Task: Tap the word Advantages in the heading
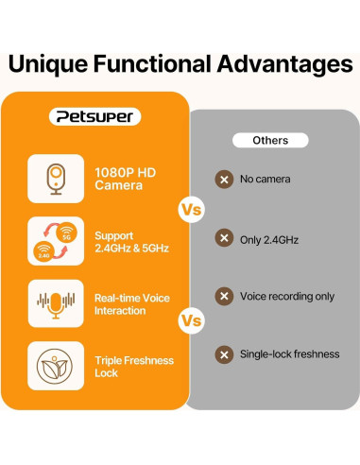click(x=277, y=64)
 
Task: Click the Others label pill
click(x=270, y=140)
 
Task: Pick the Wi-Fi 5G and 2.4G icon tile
click(x=54, y=241)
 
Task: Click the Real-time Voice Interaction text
click(x=131, y=303)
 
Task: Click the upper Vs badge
click(x=191, y=209)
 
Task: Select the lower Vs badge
click(x=191, y=321)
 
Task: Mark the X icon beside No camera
click(x=224, y=179)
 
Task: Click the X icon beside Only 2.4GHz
click(x=224, y=240)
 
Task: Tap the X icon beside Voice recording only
click(x=224, y=296)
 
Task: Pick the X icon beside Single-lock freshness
click(x=224, y=354)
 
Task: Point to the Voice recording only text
click(x=287, y=296)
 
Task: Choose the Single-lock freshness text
click(x=289, y=354)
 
